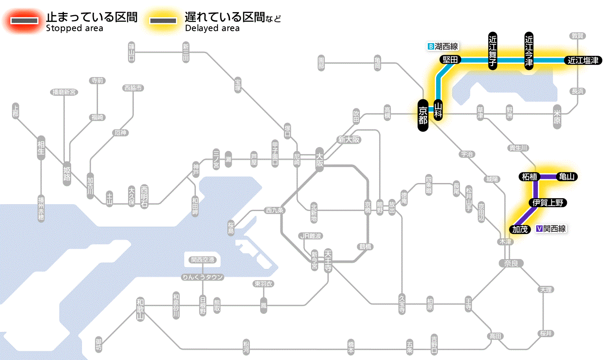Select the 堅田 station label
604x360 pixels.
pos(450,60)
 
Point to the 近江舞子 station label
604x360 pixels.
pos(493,51)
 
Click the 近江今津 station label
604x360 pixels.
pos(529,50)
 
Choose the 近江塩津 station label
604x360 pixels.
pos(583,60)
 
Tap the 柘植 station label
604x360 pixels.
pos(529,177)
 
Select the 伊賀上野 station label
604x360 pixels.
pos(547,203)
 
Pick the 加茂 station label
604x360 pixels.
pos(520,229)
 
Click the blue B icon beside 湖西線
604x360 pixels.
pos(430,46)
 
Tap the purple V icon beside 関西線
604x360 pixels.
pos(539,229)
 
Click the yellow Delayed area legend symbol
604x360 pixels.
pos(163,21)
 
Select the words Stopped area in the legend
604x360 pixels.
pos(74,28)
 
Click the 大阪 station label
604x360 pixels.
pos(319,160)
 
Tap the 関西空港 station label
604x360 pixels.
pos(202,260)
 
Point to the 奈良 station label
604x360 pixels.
pos(511,263)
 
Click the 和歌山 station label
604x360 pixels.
pos(140,309)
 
